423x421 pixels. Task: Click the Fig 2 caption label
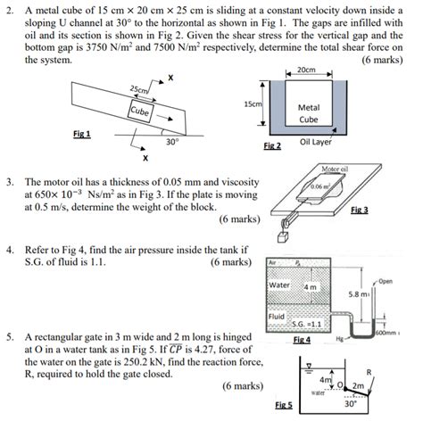[272, 144]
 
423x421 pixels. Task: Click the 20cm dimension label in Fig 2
[305, 70]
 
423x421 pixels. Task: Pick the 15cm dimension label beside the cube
[252, 104]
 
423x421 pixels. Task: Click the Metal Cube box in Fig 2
[308, 111]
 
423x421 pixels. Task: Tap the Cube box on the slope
[139, 111]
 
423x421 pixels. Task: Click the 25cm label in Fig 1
[140, 91]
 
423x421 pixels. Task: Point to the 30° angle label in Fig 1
[171, 141]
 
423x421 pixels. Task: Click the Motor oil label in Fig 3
[332, 169]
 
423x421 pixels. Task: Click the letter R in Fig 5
[394, 369]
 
